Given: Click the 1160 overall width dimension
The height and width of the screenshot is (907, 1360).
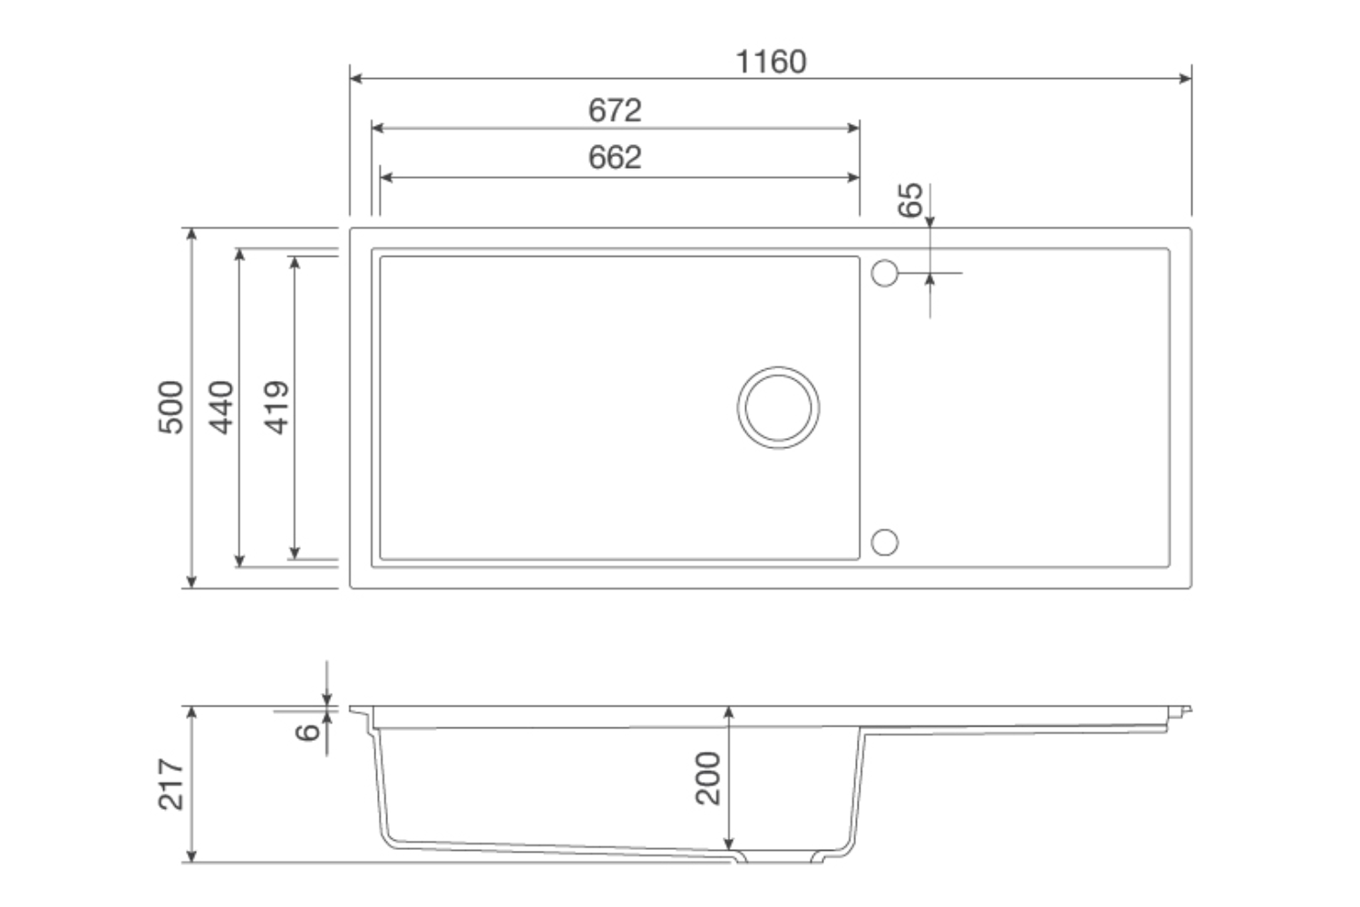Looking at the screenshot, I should point(770,62).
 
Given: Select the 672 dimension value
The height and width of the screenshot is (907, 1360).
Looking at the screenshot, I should point(615,111).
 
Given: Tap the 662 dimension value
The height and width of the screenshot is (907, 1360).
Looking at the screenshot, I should point(615,158).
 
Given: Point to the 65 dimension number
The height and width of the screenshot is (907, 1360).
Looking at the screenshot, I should point(910,200).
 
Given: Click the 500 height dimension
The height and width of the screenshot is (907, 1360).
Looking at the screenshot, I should point(171,407).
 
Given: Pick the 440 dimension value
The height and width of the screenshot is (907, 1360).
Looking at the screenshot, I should point(221,407).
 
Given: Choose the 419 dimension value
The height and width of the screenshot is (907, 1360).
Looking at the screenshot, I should point(277,407).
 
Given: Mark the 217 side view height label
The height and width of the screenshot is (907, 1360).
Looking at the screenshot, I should point(171,785).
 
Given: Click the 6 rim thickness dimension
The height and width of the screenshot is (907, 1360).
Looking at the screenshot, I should point(309,731).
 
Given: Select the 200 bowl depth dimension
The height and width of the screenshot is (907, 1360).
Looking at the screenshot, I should point(708,778).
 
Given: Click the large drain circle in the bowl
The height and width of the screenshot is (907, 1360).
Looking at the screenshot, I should point(778,407).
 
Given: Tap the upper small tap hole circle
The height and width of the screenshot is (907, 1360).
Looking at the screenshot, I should point(884,273).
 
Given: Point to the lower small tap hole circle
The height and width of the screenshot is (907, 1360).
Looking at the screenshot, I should point(884,542).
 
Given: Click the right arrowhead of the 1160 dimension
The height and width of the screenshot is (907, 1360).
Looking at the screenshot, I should point(1185,79).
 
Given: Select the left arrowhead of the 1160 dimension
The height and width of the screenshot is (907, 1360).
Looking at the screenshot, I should point(356,79).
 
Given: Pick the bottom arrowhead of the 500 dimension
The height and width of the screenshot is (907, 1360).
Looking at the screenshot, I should point(191,581).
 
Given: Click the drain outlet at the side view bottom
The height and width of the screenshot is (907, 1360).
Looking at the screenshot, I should point(780,857).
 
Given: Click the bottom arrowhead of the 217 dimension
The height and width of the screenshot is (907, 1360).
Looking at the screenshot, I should point(191,855).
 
